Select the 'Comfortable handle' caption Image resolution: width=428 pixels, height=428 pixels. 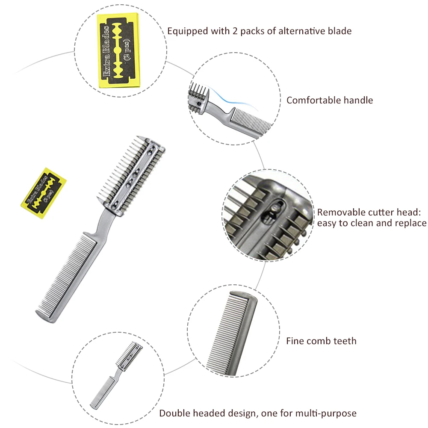point(330,100)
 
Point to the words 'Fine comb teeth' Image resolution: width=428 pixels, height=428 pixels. point(321,341)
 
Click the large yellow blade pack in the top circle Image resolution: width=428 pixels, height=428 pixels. point(120,50)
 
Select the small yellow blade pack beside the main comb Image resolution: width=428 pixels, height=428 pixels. point(43,193)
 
